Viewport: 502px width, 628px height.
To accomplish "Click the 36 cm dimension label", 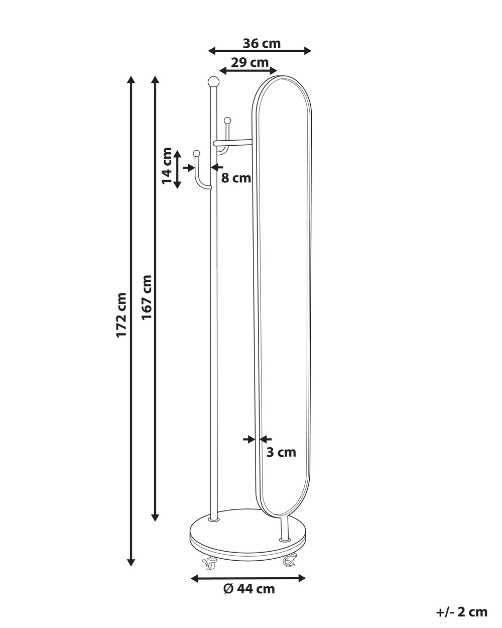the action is pyautogui.click(x=262, y=44).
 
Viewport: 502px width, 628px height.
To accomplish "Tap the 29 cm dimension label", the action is pyautogui.click(x=249, y=62).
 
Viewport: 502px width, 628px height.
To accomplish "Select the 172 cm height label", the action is pyautogui.click(x=121, y=315).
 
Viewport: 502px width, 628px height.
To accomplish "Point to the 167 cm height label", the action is pyautogui.click(x=147, y=297).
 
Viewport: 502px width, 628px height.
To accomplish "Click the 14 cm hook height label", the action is pyautogui.click(x=167, y=166).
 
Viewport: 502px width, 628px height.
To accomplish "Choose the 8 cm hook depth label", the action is pyautogui.click(x=236, y=178).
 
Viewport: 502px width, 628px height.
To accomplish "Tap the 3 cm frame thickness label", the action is pyautogui.click(x=281, y=452).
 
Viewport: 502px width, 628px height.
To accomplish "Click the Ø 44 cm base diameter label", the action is pyautogui.click(x=249, y=589).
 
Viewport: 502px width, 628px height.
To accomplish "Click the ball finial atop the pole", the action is pyautogui.click(x=214, y=81).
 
